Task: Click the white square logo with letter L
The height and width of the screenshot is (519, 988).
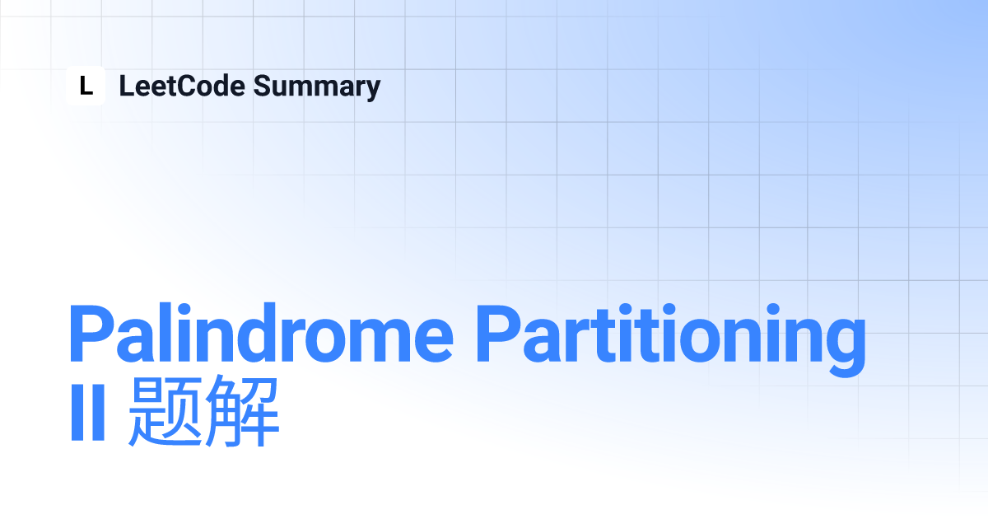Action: pyautogui.click(x=86, y=86)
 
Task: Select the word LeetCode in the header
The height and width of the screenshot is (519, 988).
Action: pyautogui.click(x=182, y=86)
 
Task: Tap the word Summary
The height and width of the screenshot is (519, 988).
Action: pyautogui.click(x=317, y=87)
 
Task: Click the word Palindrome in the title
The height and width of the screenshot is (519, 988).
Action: pyautogui.click(x=261, y=333)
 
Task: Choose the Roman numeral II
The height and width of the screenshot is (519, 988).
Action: pyautogui.click(x=88, y=412)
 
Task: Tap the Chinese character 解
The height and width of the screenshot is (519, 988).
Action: pyautogui.click(x=242, y=411)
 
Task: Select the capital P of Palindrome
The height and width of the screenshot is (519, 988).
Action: pyautogui.click(x=91, y=334)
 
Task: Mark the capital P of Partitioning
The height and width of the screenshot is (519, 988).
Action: pyautogui.click(x=499, y=334)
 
